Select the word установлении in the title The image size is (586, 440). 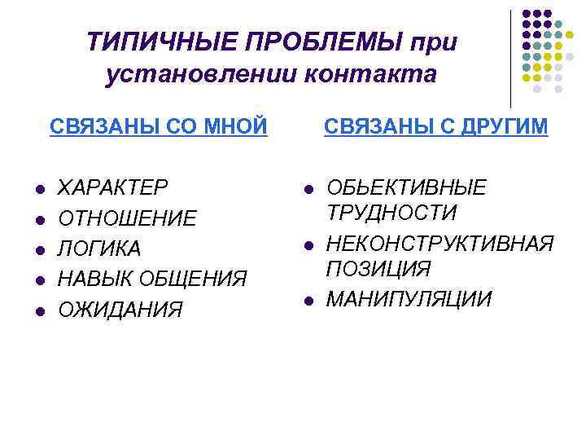[x=203, y=75]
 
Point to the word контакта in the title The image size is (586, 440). [x=371, y=75]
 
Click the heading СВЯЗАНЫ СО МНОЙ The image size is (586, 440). [x=159, y=127]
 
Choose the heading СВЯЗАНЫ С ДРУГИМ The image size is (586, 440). [x=436, y=127]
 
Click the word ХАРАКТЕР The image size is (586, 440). [x=114, y=188]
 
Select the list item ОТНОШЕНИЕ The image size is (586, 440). [x=127, y=218]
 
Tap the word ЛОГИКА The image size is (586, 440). [x=100, y=249]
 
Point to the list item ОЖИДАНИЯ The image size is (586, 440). [x=121, y=309]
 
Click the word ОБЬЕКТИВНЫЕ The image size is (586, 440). [x=406, y=188]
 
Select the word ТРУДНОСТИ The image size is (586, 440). [x=391, y=213]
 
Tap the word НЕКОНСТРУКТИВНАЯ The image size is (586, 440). [x=440, y=244]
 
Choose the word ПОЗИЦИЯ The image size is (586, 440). [x=378, y=269]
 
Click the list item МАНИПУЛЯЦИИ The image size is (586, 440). [x=409, y=299]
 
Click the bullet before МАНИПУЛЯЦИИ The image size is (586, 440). [x=308, y=300]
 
